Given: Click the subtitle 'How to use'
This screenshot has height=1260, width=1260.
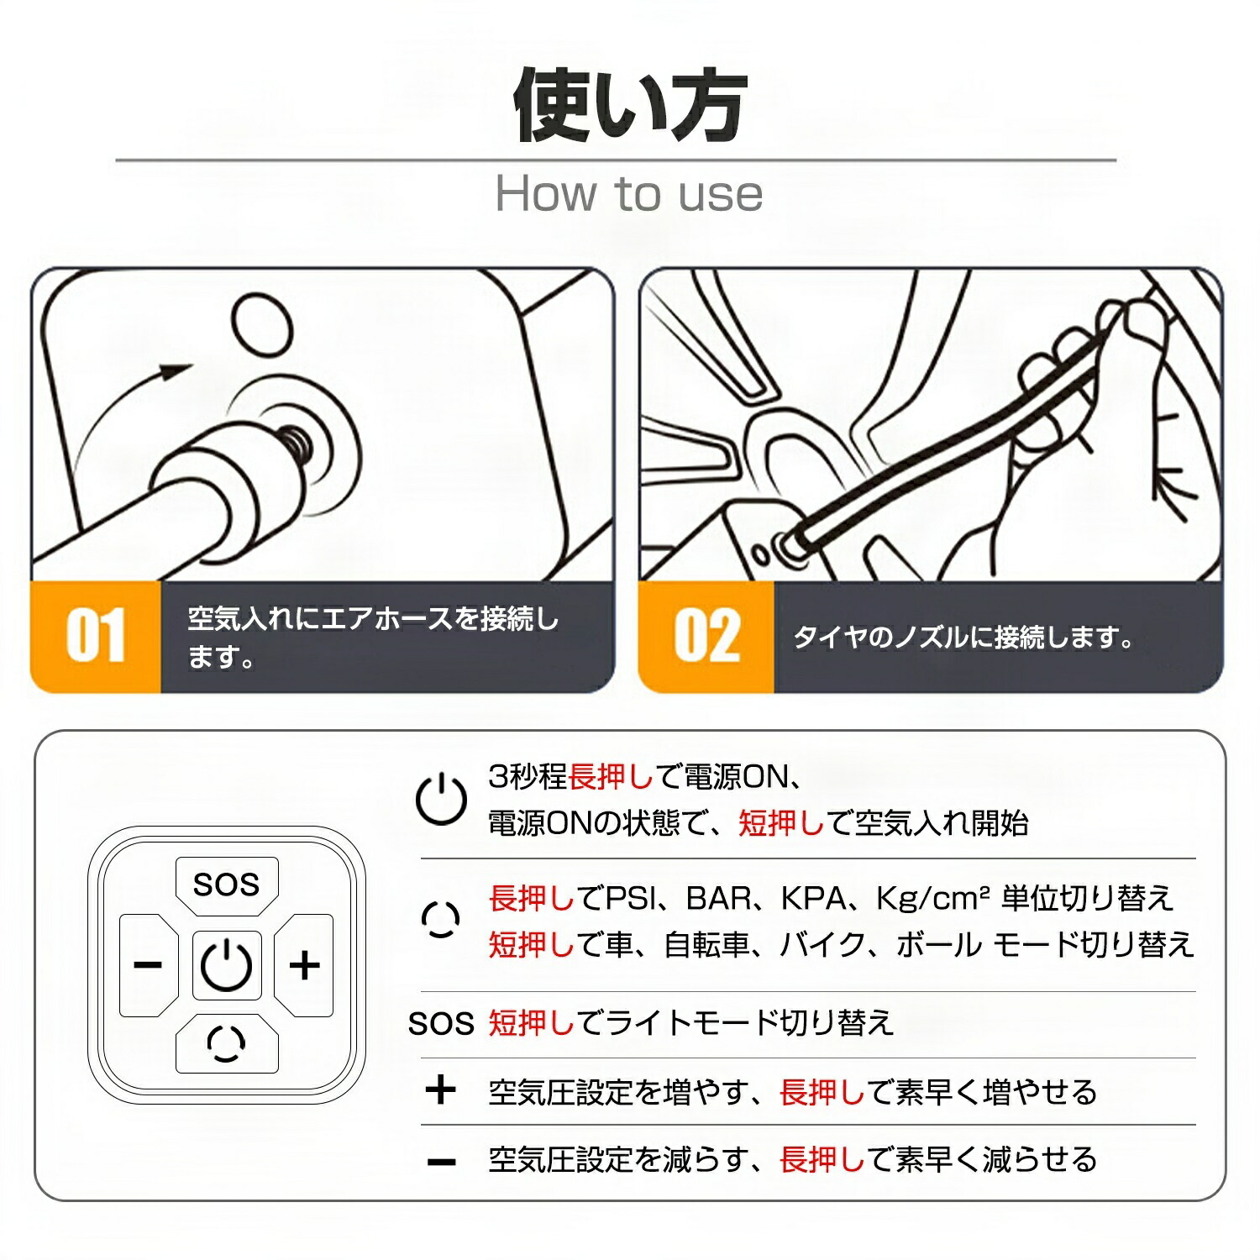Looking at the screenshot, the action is coord(629,194).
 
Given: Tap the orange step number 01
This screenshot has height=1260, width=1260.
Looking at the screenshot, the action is coord(95,636).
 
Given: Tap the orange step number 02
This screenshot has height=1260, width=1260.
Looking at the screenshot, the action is coord(706,636).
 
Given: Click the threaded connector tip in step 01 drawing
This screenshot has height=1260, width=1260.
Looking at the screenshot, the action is coord(295,440).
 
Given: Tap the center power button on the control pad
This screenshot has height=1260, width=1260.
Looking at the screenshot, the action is coord(227,965).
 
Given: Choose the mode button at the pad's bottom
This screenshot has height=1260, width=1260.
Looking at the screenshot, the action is coord(226,1043).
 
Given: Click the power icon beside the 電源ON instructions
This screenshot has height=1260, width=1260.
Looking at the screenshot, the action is coord(441,799).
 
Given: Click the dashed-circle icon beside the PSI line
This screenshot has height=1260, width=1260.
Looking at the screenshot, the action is coord(441,920).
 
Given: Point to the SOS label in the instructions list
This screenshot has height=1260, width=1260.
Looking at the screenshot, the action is coord(441,1024).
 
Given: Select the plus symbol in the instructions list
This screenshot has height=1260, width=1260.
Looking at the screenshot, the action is coord(441,1090).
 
